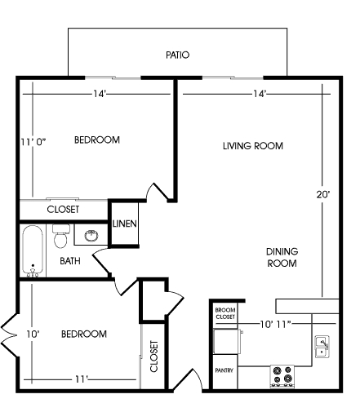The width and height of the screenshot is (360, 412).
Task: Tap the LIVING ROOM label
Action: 252,146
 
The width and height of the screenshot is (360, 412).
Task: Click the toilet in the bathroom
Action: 60,238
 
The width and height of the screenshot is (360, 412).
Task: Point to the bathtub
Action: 33,251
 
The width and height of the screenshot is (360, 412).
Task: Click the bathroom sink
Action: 89,237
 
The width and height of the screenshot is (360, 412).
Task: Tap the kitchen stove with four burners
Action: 282,374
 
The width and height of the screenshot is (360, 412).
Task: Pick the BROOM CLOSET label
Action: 224,313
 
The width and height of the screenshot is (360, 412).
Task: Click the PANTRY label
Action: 224,370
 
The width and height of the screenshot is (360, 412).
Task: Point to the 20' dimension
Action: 323,194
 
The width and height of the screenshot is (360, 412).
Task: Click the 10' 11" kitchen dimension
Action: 275,325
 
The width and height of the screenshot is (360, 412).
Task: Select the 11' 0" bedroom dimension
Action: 33,140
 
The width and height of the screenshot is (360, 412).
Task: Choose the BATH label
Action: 71,262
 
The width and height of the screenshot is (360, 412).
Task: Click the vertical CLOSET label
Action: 153,356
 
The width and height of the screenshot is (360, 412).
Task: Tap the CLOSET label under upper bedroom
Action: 63,210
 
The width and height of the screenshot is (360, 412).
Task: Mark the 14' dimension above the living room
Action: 260,94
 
